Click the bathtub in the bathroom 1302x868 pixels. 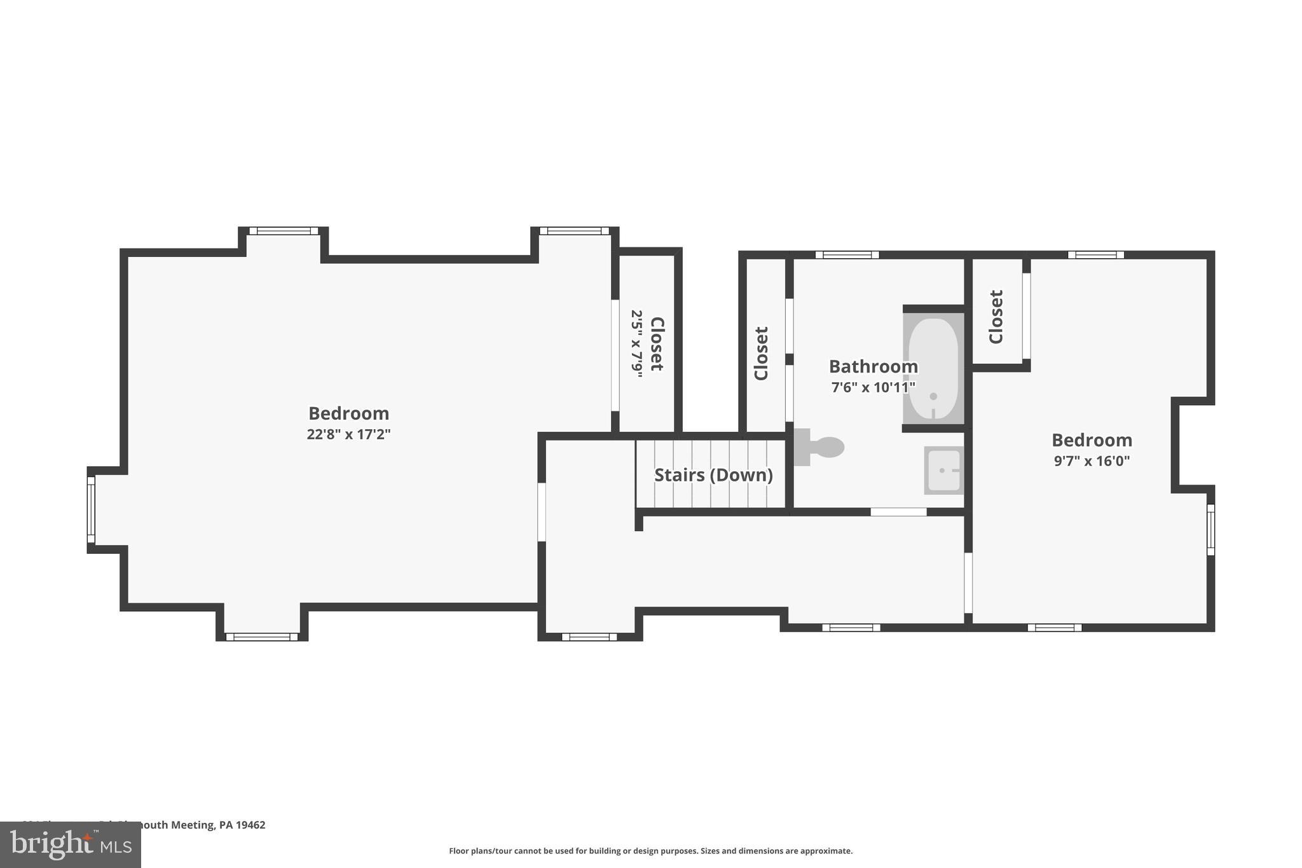(x=933, y=368)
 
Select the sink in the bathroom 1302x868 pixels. (x=943, y=471)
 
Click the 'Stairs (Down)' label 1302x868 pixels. (x=713, y=475)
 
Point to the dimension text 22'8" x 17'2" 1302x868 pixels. (x=348, y=434)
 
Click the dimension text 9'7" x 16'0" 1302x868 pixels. (x=1092, y=461)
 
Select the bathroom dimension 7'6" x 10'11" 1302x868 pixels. (x=873, y=387)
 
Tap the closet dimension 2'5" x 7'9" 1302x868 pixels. (x=636, y=343)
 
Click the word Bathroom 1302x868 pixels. (x=873, y=367)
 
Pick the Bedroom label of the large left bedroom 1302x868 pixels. (x=348, y=413)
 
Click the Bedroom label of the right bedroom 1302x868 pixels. (x=1092, y=440)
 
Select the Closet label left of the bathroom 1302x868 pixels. (x=761, y=354)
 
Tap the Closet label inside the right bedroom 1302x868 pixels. (x=996, y=317)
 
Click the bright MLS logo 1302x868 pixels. (x=70, y=844)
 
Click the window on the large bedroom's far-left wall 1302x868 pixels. (x=91, y=510)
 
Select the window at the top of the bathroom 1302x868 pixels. (x=847, y=255)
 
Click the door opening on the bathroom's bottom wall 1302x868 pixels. (x=898, y=512)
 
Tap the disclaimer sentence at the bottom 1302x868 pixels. (x=650, y=851)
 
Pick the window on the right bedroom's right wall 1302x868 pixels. (x=1210, y=530)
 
